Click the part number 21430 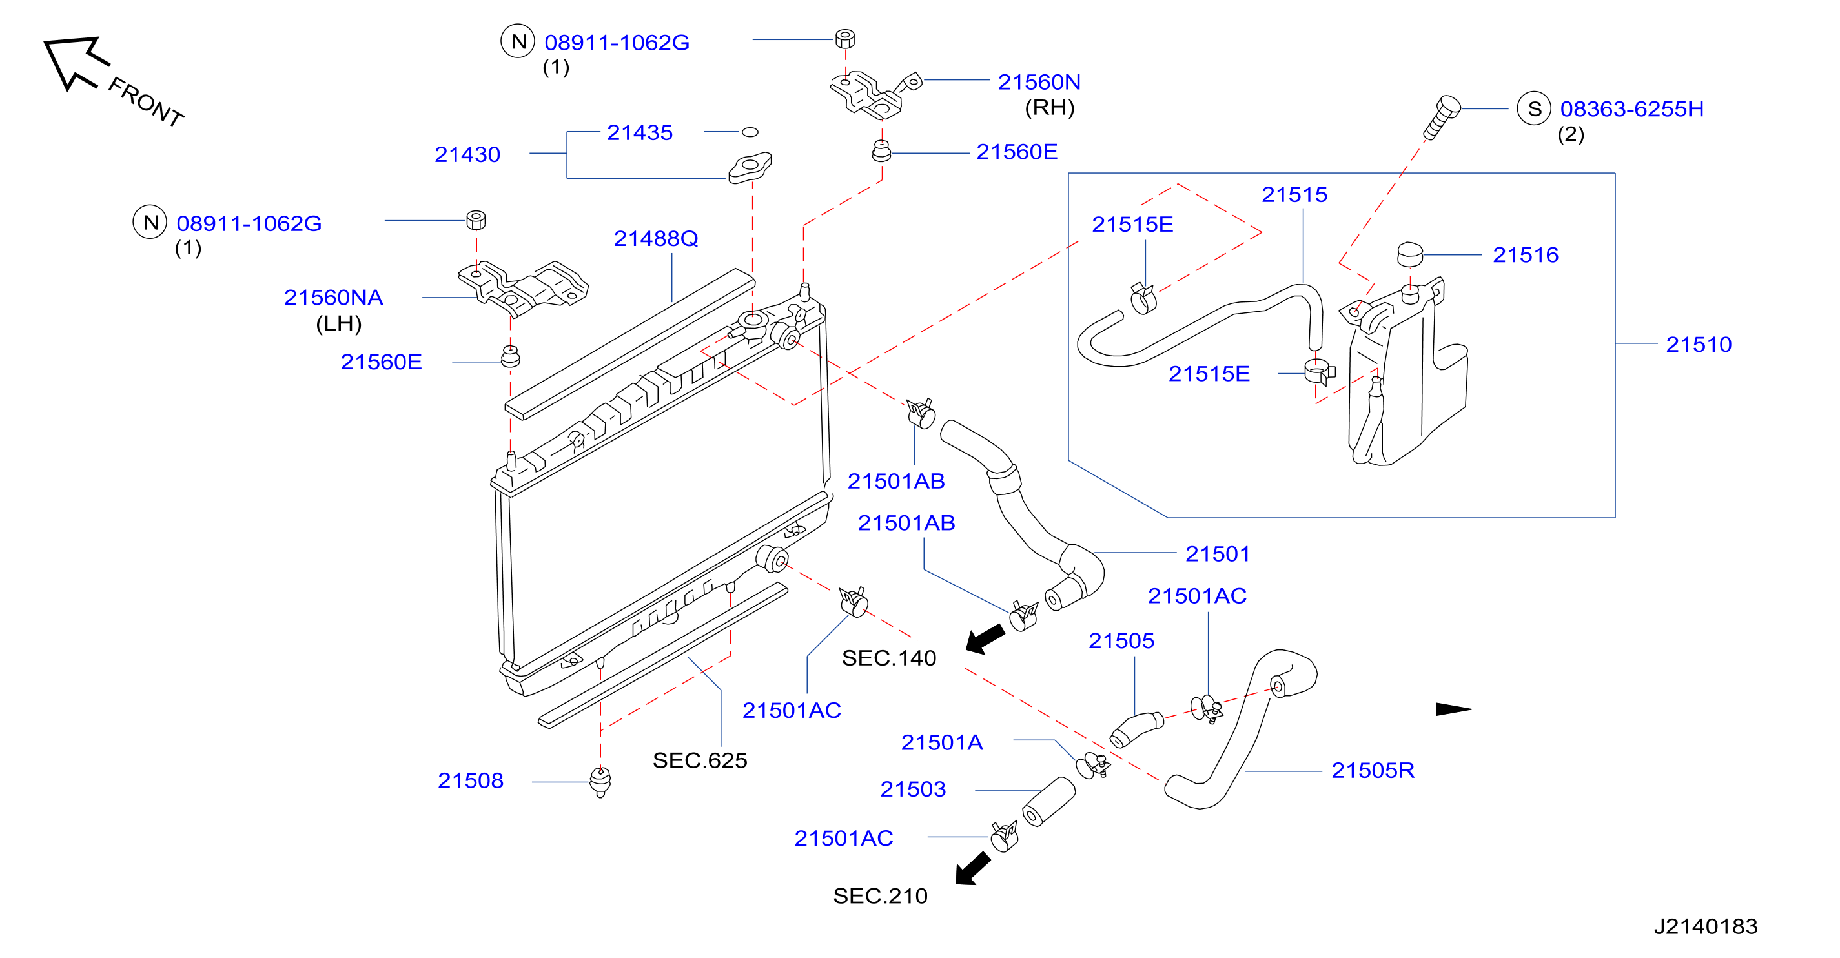(x=467, y=154)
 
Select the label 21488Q (x=656, y=238)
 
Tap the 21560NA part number (x=334, y=297)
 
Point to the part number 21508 (x=470, y=780)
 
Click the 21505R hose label (x=1373, y=770)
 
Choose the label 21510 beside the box (x=1699, y=344)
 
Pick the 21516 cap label (x=1526, y=255)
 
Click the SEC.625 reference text (x=700, y=760)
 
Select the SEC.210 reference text (x=880, y=896)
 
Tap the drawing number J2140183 (x=1706, y=926)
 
